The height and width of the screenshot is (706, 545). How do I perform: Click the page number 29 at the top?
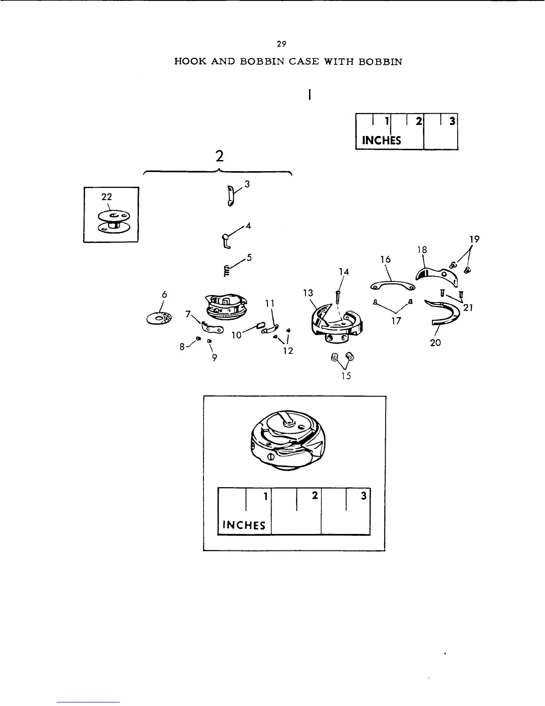281,44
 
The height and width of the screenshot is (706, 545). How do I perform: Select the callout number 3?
247,184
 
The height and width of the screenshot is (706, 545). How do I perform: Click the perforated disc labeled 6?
159,318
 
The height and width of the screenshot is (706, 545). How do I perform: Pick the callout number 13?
308,293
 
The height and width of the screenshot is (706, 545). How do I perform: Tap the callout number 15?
346,376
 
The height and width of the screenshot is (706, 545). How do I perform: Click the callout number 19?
475,239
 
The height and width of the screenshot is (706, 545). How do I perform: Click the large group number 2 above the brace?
219,156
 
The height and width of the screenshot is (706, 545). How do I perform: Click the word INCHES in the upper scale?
382,140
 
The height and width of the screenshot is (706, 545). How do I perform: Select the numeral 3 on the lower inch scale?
363,495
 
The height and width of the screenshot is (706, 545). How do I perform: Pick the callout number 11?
269,304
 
